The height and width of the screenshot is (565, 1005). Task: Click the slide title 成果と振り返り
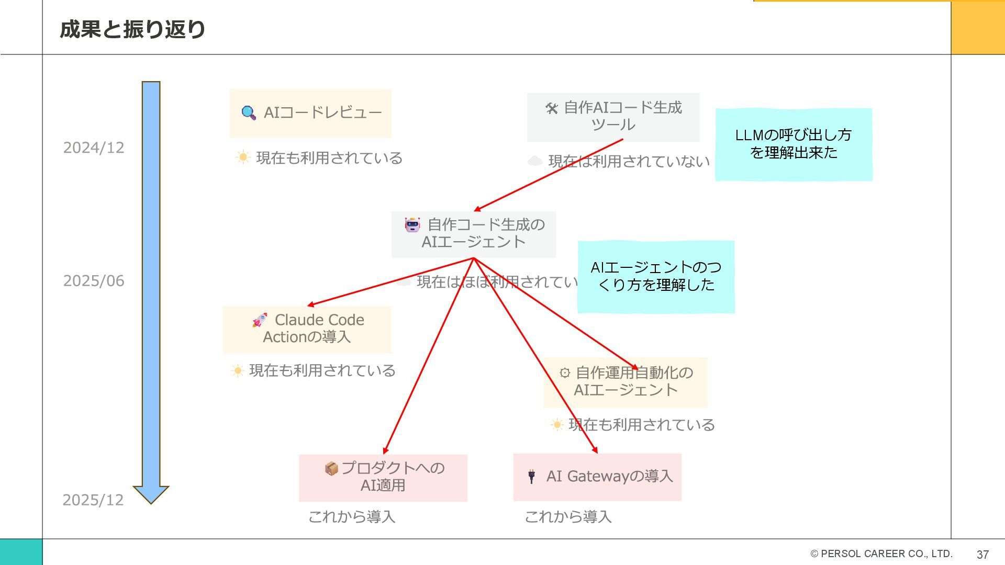click(x=132, y=29)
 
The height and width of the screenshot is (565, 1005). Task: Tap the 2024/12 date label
click(x=94, y=148)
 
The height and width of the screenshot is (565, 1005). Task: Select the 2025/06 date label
click(x=94, y=281)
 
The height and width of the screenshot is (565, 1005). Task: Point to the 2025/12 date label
click(x=93, y=500)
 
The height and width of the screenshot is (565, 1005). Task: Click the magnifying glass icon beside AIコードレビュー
click(x=249, y=112)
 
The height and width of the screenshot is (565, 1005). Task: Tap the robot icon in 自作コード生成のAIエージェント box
click(x=412, y=225)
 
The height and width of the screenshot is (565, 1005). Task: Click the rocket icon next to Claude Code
click(x=260, y=320)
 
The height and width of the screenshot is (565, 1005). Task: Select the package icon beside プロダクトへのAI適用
click(x=331, y=468)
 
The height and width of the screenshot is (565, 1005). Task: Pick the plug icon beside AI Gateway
click(x=531, y=476)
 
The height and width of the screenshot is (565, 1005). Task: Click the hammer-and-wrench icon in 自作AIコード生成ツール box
click(x=551, y=108)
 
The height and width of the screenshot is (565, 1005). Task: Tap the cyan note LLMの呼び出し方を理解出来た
click(x=793, y=144)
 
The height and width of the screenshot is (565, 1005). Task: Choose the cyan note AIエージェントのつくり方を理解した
click(x=655, y=277)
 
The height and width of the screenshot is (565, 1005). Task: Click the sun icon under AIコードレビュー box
click(x=243, y=157)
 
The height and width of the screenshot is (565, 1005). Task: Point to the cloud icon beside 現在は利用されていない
click(x=534, y=161)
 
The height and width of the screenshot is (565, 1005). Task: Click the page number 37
click(x=982, y=555)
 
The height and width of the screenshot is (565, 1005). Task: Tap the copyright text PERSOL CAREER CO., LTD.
click(x=881, y=553)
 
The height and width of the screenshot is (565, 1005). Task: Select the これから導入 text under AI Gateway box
click(x=568, y=517)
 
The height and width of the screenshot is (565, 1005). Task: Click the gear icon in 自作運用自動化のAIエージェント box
click(x=565, y=372)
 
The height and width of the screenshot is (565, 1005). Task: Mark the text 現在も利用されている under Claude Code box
click(x=322, y=370)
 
